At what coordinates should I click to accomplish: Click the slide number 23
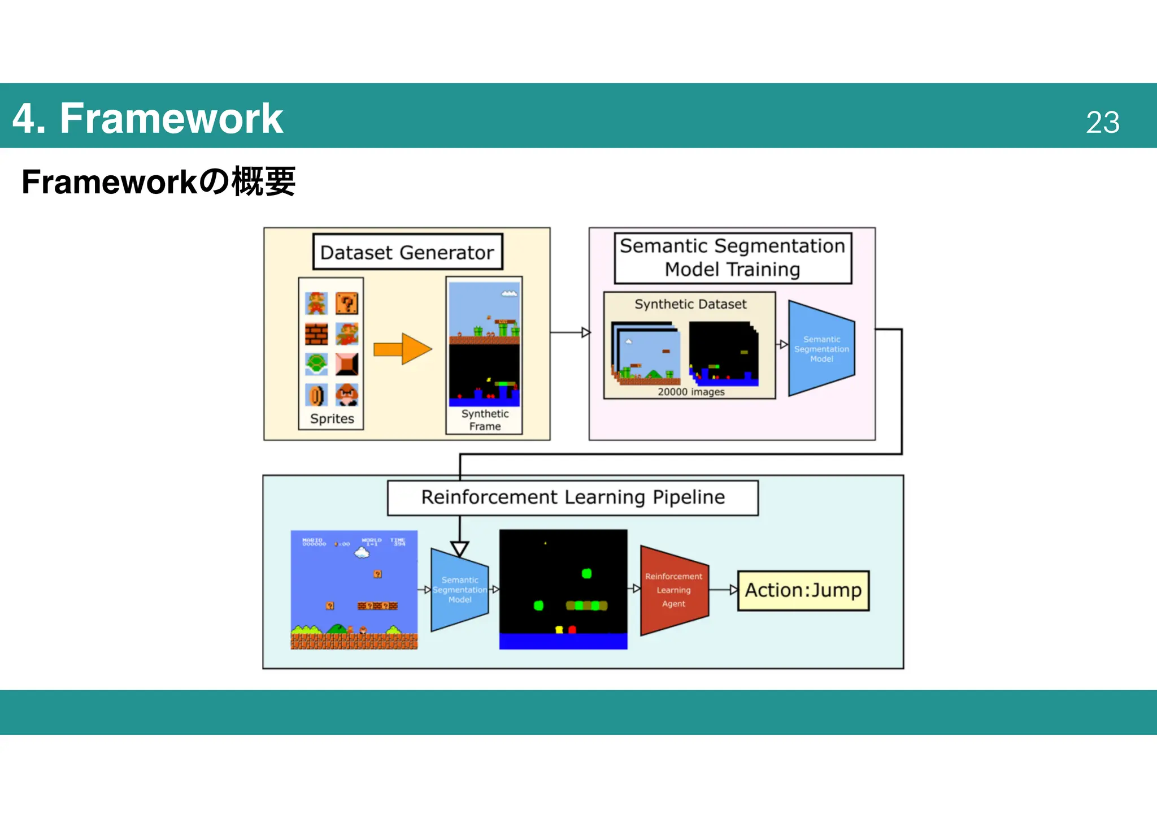click(x=1102, y=122)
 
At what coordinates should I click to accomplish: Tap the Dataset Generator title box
click(x=407, y=252)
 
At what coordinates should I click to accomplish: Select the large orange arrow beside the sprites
click(x=402, y=349)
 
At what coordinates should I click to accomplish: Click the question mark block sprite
click(x=346, y=304)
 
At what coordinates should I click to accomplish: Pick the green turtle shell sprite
click(x=316, y=364)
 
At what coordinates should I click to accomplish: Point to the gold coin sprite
click(x=316, y=395)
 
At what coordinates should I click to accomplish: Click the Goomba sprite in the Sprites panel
click(x=346, y=395)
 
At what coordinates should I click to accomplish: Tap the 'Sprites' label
click(x=332, y=419)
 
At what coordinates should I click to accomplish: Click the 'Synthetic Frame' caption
click(x=485, y=420)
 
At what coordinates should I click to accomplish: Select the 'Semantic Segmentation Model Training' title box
click(x=732, y=258)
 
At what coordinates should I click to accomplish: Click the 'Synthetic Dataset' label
click(x=690, y=304)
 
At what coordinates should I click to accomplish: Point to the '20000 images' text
click(x=690, y=392)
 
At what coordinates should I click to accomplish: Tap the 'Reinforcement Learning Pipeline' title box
click(x=572, y=497)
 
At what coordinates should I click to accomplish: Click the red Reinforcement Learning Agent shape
click(x=673, y=590)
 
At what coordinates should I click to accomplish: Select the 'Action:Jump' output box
click(x=803, y=590)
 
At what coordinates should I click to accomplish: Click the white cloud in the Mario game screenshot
click(x=362, y=553)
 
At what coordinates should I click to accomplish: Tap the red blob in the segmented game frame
click(x=572, y=629)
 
